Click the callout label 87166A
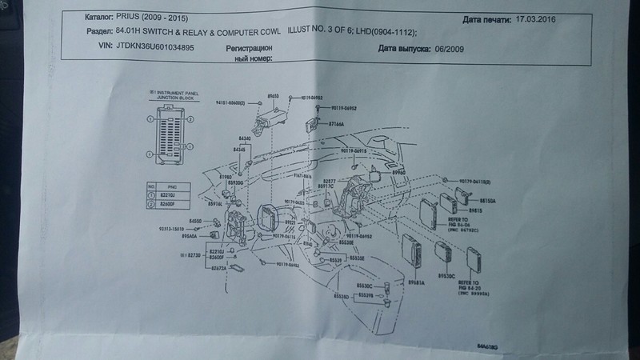pyautogui.click(x=335, y=125)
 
